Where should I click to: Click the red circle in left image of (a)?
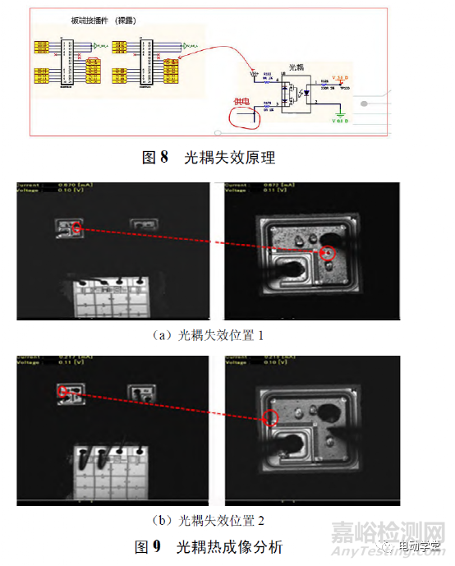click(x=76, y=228)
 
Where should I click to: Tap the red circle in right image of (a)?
click(x=329, y=254)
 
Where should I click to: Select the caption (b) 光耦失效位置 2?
click(x=209, y=519)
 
